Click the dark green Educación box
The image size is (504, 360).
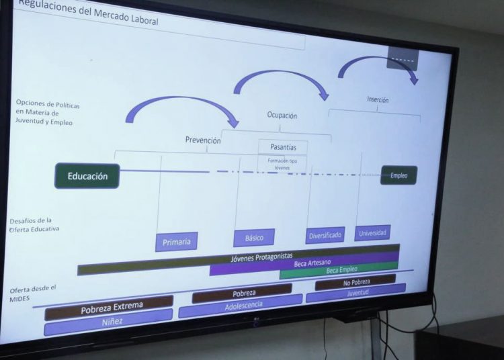tap(87, 176)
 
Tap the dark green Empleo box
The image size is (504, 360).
tap(398, 175)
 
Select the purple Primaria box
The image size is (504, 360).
tap(176, 241)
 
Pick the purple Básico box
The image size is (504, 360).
tap(254, 238)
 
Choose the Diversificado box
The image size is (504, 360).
tap(325, 235)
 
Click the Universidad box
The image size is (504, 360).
tap(372, 233)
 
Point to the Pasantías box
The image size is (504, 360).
tap(283, 146)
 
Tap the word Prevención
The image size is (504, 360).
tap(203, 140)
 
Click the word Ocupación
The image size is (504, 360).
tap(282, 116)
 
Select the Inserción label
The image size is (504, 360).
tap(378, 100)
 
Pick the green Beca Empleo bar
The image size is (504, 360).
tap(339, 271)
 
